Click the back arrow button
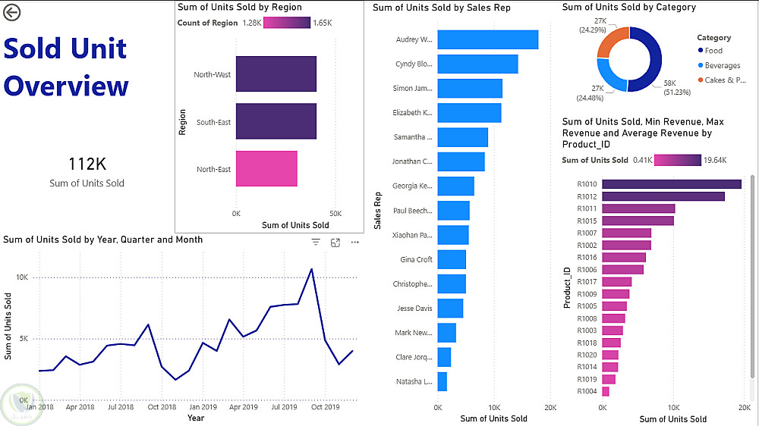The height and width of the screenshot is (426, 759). pos(12,12)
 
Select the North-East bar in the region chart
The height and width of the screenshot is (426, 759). pos(266,169)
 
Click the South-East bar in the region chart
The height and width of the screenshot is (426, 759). pos(276,122)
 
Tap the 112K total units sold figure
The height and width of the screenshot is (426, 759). pos(87,164)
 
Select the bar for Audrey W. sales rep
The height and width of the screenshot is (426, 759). pos(488,39)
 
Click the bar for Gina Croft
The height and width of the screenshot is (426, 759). pos(452,259)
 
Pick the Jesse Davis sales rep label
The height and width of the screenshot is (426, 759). pos(414,309)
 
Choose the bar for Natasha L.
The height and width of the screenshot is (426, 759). pos(442,381)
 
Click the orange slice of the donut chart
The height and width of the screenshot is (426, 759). pos(613,42)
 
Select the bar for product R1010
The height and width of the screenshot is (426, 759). pos(671,183)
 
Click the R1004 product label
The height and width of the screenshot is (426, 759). pos(587,392)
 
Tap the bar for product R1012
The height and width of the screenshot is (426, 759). pos(663,196)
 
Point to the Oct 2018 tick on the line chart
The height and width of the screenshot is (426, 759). pos(162,407)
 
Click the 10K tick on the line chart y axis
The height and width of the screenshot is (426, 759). pos(23,277)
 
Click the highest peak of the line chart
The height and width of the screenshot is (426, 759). pos(311,268)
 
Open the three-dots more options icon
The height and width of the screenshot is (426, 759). pos(354,243)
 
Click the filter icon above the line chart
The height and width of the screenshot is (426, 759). pos(317,243)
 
